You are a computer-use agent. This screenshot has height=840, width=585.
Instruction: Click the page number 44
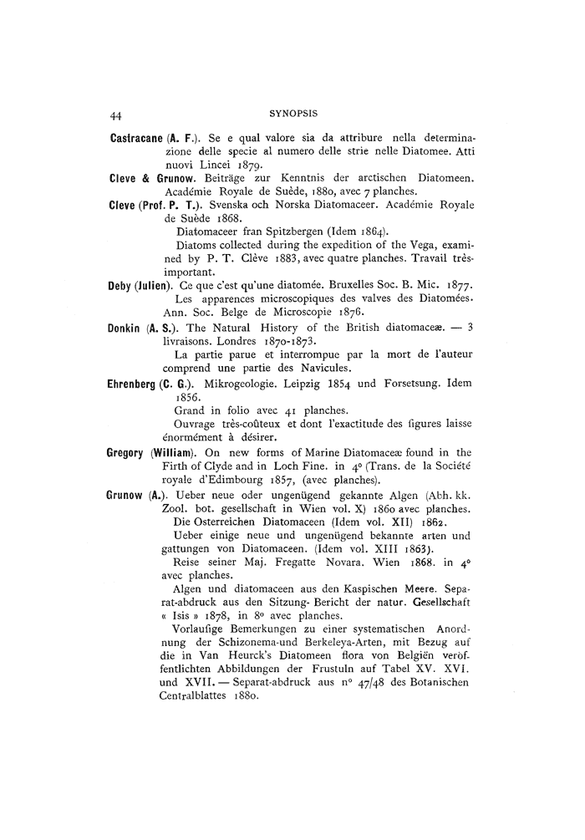pyautogui.click(x=117, y=113)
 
